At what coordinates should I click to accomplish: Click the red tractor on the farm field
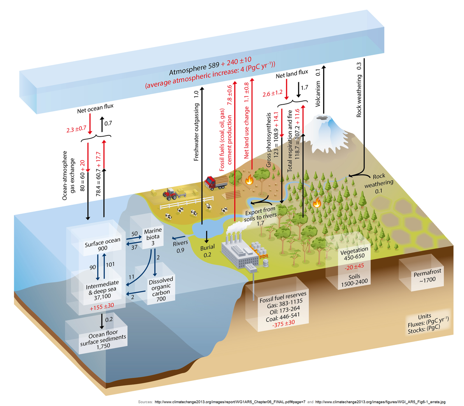tap(170, 193)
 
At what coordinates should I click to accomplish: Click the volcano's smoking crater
tap(322, 118)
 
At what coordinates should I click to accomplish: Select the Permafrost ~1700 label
tap(427, 276)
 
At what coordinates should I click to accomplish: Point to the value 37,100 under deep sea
tap(102, 296)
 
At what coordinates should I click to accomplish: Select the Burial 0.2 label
tap(207, 251)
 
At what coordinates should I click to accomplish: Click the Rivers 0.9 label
tap(180, 246)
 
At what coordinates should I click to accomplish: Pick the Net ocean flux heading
tap(95, 108)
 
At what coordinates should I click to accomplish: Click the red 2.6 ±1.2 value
tap(272, 94)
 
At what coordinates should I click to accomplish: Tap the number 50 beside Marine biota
tap(135, 234)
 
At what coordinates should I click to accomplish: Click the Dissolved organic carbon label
tap(161, 289)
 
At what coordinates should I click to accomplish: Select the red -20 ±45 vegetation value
tap(354, 267)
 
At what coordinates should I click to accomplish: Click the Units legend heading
tap(425, 316)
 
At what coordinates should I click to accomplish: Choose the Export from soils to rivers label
tap(260, 216)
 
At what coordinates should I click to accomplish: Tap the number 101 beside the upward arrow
tap(110, 264)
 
